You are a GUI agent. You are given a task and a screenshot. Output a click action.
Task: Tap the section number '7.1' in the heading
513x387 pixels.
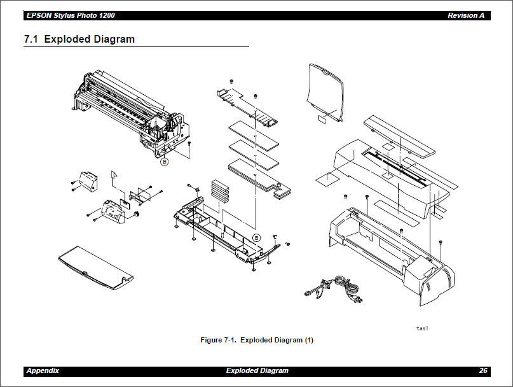31,39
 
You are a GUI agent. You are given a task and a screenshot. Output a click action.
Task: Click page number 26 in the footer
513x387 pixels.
483,370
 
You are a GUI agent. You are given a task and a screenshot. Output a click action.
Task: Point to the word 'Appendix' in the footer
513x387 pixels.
43,370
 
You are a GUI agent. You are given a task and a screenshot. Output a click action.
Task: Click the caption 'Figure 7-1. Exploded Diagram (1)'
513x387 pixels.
257,340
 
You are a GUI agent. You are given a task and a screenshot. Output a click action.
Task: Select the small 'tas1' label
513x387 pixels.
422,328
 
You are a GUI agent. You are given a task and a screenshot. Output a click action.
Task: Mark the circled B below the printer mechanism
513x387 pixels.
164,162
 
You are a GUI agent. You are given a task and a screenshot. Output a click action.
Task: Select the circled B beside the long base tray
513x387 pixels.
256,237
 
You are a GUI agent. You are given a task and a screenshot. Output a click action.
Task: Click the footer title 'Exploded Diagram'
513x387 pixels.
257,370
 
